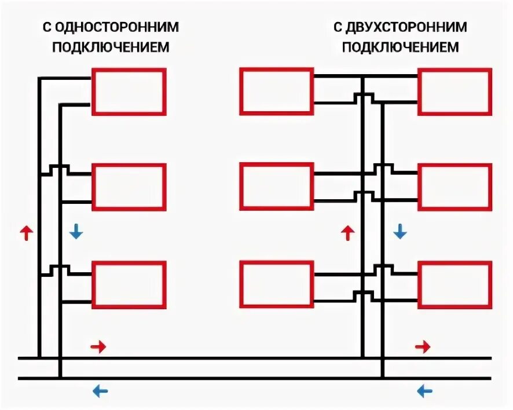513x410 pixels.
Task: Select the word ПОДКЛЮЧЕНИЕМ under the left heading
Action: (111, 47)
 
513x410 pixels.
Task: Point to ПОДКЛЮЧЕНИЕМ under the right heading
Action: (401, 47)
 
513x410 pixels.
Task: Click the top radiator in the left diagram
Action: (129, 91)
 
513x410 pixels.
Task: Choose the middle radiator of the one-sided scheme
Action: (129, 186)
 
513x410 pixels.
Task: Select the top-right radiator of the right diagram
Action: (455, 91)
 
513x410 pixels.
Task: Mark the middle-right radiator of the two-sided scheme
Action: (455, 186)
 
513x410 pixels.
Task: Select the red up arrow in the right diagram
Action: (347, 233)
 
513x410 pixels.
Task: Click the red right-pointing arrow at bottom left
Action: (99, 347)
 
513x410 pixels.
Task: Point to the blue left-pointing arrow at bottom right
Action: (424, 391)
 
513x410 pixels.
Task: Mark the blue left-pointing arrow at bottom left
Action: (100, 391)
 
